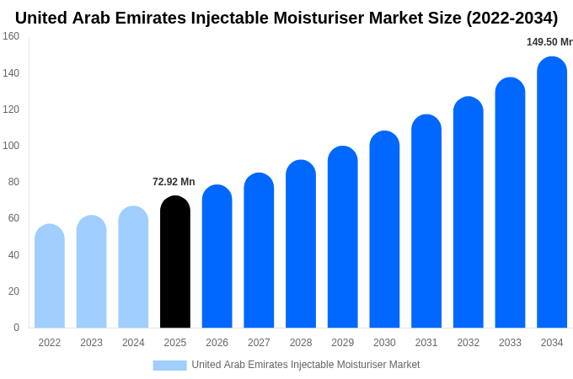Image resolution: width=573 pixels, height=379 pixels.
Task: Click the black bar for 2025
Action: pyautogui.click(x=175, y=261)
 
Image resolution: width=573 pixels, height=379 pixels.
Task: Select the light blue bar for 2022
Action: pyautogui.click(x=50, y=275)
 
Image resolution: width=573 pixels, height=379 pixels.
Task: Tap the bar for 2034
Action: pyautogui.click(x=552, y=192)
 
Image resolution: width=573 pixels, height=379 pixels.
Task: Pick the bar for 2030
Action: pyautogui.click(x=384, y=229)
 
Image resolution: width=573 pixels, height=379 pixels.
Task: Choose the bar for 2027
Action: pyautogui.click(x=259, y=250)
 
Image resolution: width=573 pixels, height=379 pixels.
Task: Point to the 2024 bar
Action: pyautogui.click(x=133, y=266)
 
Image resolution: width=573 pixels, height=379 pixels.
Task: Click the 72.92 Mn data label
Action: pyautogui.click(x=174, y=182)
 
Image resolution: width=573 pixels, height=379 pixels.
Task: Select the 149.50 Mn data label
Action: pyautogui.click(x=549, y=42)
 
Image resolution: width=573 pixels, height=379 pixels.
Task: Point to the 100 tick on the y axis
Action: pyautogui.click(x=11, y=146)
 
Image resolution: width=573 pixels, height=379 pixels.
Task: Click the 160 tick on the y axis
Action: pyautogui.click(x=11, y=36)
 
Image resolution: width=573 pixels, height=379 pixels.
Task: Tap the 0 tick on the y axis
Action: pyautogui.click(x=17, y=327)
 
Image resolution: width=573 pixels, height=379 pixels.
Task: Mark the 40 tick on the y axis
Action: pyautogui.click(x=13, y=255)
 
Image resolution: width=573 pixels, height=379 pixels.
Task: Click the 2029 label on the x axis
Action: pyautogui.click(x=342, y=343)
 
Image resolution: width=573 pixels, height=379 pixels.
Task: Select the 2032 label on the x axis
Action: pyautogui.click(x=469, y=343)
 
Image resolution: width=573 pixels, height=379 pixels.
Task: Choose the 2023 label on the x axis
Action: pyautogui.click(x=91, y=343)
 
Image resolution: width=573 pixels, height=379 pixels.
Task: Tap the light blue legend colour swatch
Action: pyautogui.click(x=170, y=366)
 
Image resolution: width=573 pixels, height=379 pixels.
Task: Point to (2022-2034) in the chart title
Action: pyautogui.click(x=512, y=19)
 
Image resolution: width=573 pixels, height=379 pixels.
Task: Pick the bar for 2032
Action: pyautogui.click(x=469, y=212)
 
